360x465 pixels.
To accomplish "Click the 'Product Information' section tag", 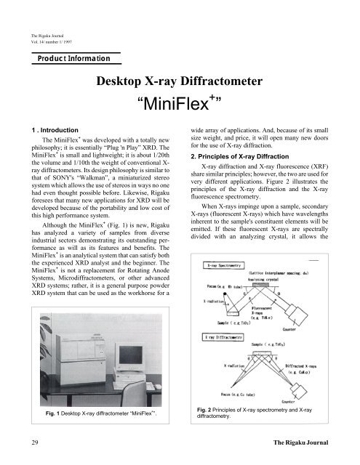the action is (x=69, y=58).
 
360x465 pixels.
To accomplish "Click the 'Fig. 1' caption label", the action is (x=52, y=414).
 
